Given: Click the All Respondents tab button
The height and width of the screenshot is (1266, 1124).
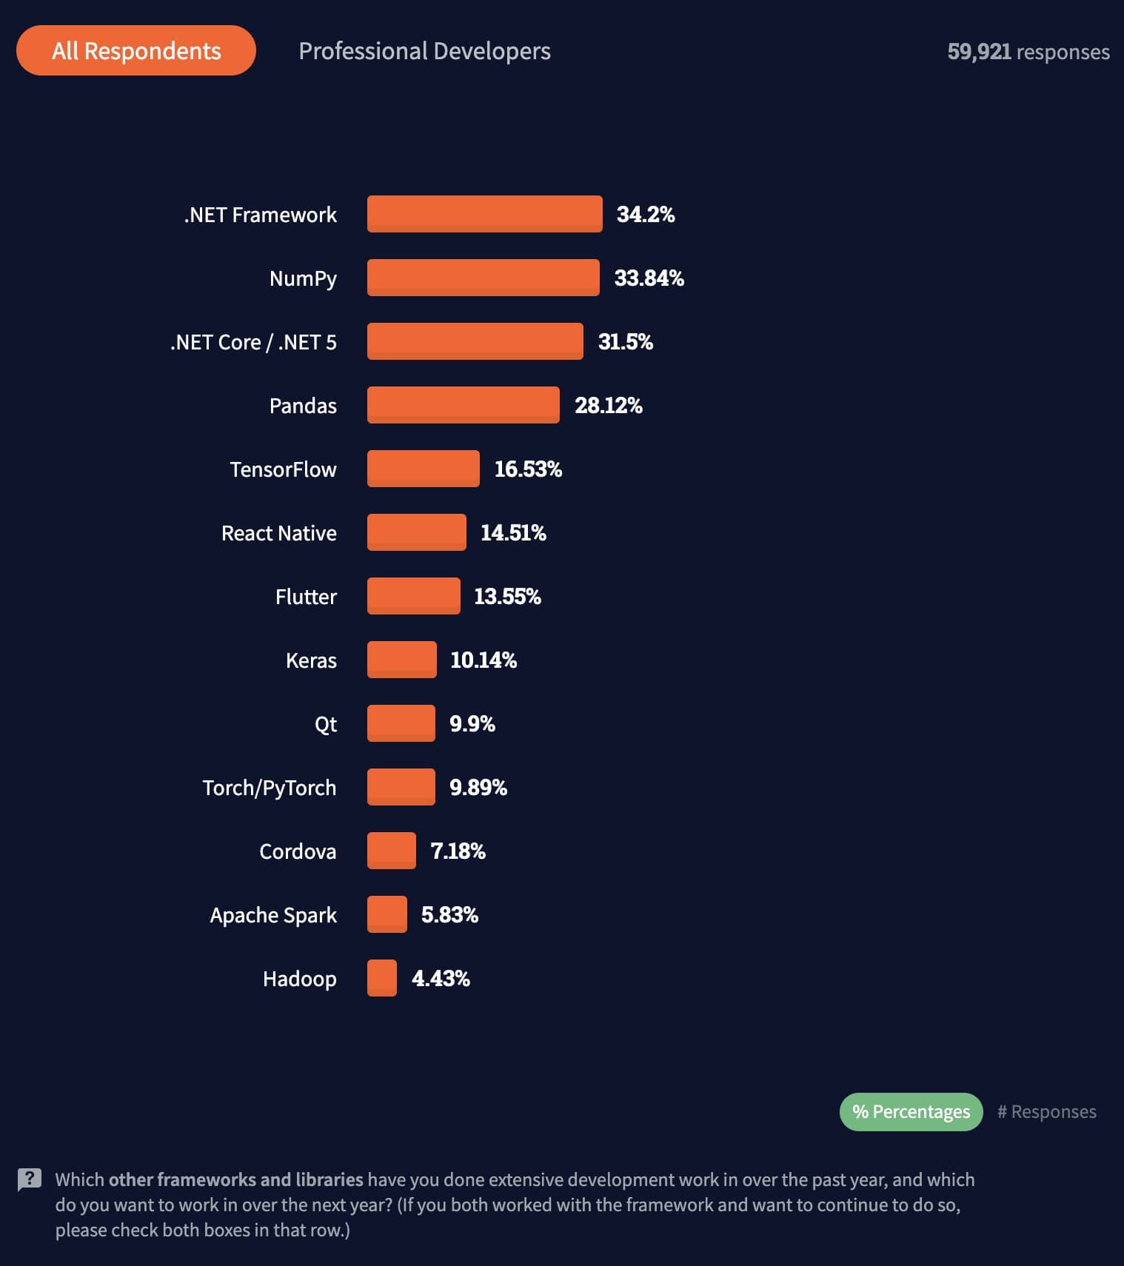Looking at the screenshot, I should click(x=136, y=50).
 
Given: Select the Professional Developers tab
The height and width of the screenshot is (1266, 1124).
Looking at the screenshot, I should click(x=424, y=51).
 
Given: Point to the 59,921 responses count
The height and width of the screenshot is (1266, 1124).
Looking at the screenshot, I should click(x=1028, y=52).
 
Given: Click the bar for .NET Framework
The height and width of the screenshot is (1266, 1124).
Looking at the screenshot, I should click(x=484, y=214).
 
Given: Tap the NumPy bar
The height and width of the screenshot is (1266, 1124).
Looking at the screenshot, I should click(x=483, y=278).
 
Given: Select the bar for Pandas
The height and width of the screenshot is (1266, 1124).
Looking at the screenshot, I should click(x=463, y=405).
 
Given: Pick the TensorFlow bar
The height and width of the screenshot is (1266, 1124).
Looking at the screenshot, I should click(x=423, y=469).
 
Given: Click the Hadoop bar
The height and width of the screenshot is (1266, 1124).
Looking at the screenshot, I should click(x=382, y=978).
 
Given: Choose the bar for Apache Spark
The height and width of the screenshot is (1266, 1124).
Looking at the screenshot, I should click(x=387, y=914).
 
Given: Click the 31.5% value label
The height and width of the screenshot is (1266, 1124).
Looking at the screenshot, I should click(x=626, y=342).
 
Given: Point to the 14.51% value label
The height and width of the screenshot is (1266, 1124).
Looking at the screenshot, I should click(x=513, y=533).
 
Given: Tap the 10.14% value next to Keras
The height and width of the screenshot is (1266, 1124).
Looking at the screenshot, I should click(x=484, y=660).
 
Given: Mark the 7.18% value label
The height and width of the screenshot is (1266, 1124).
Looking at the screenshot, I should click(x=458, y=851).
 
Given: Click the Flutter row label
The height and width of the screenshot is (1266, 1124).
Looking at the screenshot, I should click(x=306, y=597).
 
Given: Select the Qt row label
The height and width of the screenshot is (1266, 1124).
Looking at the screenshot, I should click(x=326, y=724).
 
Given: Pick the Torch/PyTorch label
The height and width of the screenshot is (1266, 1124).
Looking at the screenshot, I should click(x=270, y=788).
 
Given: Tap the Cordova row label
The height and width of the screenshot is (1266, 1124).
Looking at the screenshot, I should click(x=298, y=851).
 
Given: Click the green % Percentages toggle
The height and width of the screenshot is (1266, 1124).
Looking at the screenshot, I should click(x=911, y=1112).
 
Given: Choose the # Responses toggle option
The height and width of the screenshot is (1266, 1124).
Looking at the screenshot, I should click(x=1046, y=1112).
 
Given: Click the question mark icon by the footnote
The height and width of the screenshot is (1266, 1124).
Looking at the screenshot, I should click(x=30, y=1179).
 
